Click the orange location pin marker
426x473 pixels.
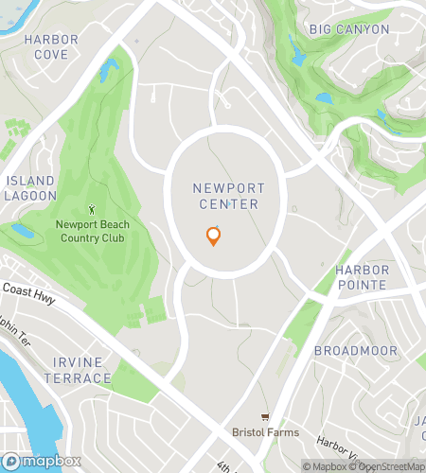click(214, 236)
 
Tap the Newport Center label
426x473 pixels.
click(227, 196)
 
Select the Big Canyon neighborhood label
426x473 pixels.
click(349, 29)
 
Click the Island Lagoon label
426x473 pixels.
click(30, 187)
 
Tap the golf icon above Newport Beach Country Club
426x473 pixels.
click(91, 209)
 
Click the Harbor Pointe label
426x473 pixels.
click(361, 277)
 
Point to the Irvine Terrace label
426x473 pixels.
click(76, 371)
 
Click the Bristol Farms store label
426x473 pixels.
click(265, 433)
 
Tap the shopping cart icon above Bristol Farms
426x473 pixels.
click(265, 417)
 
